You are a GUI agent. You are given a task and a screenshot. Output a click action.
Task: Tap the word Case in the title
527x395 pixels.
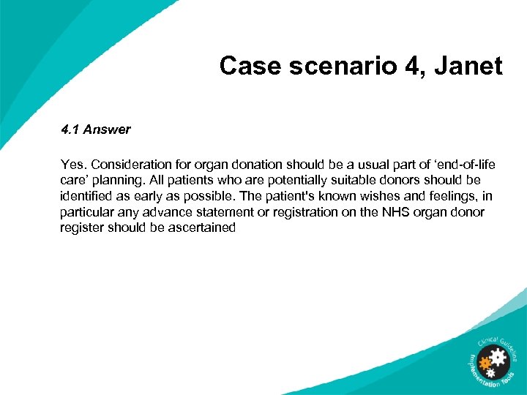pyautogui.click(x=247, y=67)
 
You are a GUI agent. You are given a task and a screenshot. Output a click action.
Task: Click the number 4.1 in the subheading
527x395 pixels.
pyautogui.click(x=70, y=129)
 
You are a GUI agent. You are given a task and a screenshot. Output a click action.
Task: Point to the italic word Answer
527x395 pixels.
pyautogui.click(x=107, y=129)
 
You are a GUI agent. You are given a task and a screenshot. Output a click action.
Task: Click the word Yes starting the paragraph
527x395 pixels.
pyautogui.click(x=73, y=165)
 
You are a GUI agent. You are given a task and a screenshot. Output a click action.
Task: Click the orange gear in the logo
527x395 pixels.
pyautogui.click(x=485, y=362)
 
